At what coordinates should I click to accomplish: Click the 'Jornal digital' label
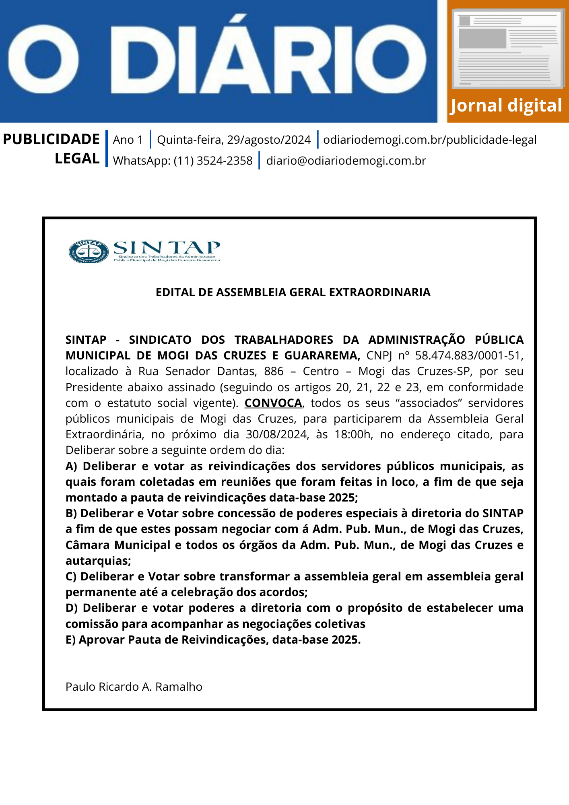pos(506,106)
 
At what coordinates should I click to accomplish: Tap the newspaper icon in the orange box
pos(508,50)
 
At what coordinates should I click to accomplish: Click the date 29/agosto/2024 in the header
pos(269,140)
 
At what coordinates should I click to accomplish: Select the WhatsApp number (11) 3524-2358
pos(213,161)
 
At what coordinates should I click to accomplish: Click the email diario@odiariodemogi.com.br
pos(346,161)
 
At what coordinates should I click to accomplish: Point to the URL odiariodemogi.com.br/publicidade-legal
pos(430,140)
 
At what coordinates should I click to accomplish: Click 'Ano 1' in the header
pos(128,140)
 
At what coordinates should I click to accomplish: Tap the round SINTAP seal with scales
pos(89,252)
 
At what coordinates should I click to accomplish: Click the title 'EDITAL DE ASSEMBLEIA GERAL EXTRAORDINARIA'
pos(293,292)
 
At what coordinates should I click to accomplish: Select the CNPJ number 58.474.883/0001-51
pos(469,356)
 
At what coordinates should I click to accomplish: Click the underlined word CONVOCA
pos(273,403)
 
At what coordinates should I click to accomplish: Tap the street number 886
pos(274,371)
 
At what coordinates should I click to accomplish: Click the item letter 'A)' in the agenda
pos(71,466)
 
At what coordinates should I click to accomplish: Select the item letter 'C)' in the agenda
pos(71,576)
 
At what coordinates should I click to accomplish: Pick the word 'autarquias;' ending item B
pos(98,561)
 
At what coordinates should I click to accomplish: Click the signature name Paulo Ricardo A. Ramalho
pos(134,687)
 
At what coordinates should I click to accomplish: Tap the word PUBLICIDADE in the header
pos(51,139)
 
